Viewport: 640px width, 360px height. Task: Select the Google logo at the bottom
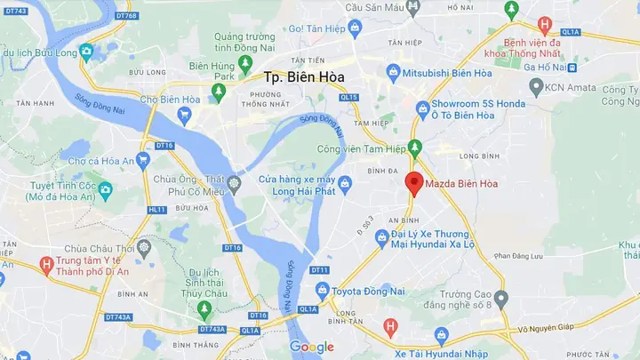tap(311, 347)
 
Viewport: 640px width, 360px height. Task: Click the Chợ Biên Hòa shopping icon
tap(185, 114)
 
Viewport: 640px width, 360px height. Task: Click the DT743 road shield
tap(14, 11)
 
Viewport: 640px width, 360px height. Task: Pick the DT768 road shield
tap(125, 16)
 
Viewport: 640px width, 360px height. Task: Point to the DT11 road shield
tap(319, 269)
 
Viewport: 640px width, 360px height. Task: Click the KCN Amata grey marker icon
tap(535, 87)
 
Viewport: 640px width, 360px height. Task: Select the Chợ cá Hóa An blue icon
tap(143, 161)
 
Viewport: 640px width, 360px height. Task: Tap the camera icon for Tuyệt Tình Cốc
tap(105, 188)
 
